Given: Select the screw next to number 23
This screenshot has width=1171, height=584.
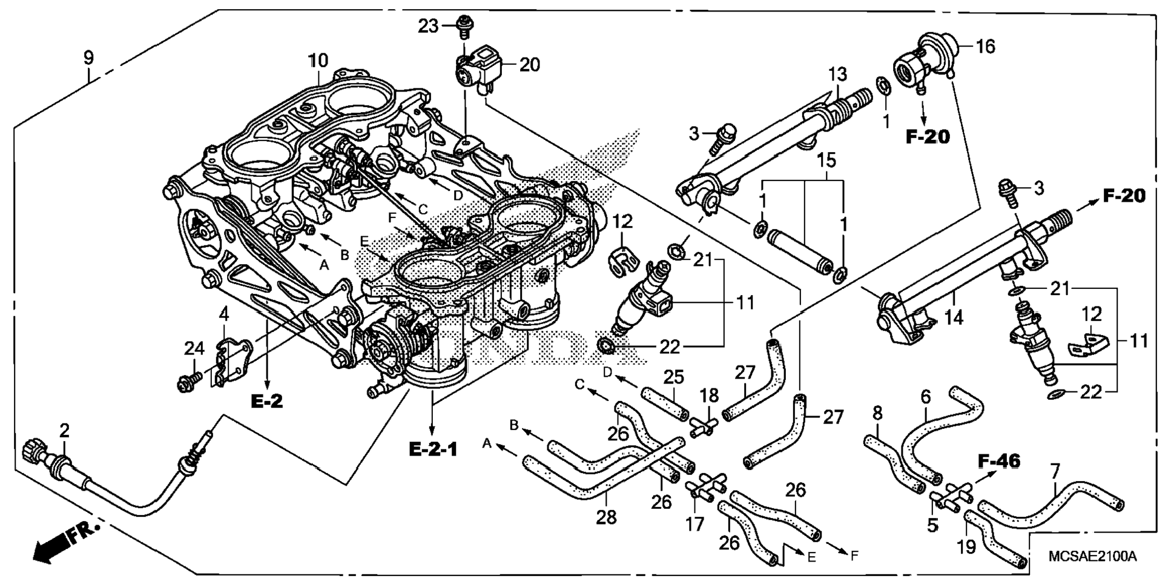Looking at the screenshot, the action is [466, 25].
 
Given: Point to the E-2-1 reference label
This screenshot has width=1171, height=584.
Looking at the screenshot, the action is [434, 449].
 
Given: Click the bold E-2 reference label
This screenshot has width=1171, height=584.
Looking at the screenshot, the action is [267, 401].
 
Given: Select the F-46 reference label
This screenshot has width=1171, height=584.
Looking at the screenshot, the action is [999, 462].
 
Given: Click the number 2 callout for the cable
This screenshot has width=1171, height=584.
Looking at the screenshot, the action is [64, 431].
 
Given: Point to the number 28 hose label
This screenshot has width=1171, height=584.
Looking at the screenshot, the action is [606, 517].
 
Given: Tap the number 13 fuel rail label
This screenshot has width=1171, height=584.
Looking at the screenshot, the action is [838, 75].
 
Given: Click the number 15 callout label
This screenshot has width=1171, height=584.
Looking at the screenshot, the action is [826, 161].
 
